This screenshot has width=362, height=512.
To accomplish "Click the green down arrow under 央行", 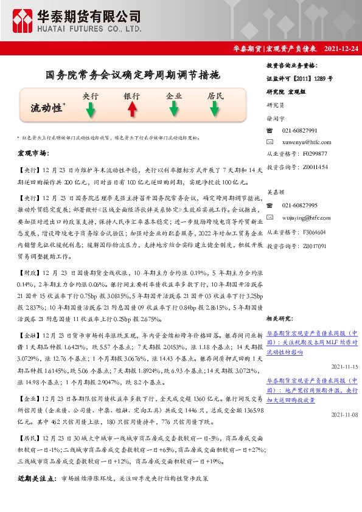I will pyautogui.click(x=90, y=109).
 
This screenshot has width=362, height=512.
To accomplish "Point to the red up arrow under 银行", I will pyautogui.click(x=131, y=109).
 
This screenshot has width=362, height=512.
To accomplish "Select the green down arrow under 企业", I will pyautogui.click(x=174, y=109).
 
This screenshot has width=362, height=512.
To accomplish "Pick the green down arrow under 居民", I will pyautogui.click(x=215, y=109).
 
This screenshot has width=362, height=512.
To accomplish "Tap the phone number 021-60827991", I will pyautogui.click(x=300, y=131).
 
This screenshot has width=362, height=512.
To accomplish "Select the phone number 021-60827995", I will pyautogui.click(x=300, y=205).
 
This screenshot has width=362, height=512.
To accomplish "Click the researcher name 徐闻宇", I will pyautogui.click(x=276, y=119).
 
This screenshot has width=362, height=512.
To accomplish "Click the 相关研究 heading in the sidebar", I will pyautogui.click(x=280, y=318).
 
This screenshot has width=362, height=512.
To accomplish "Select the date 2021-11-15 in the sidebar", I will pyautogui.click(x=345, y=367).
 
